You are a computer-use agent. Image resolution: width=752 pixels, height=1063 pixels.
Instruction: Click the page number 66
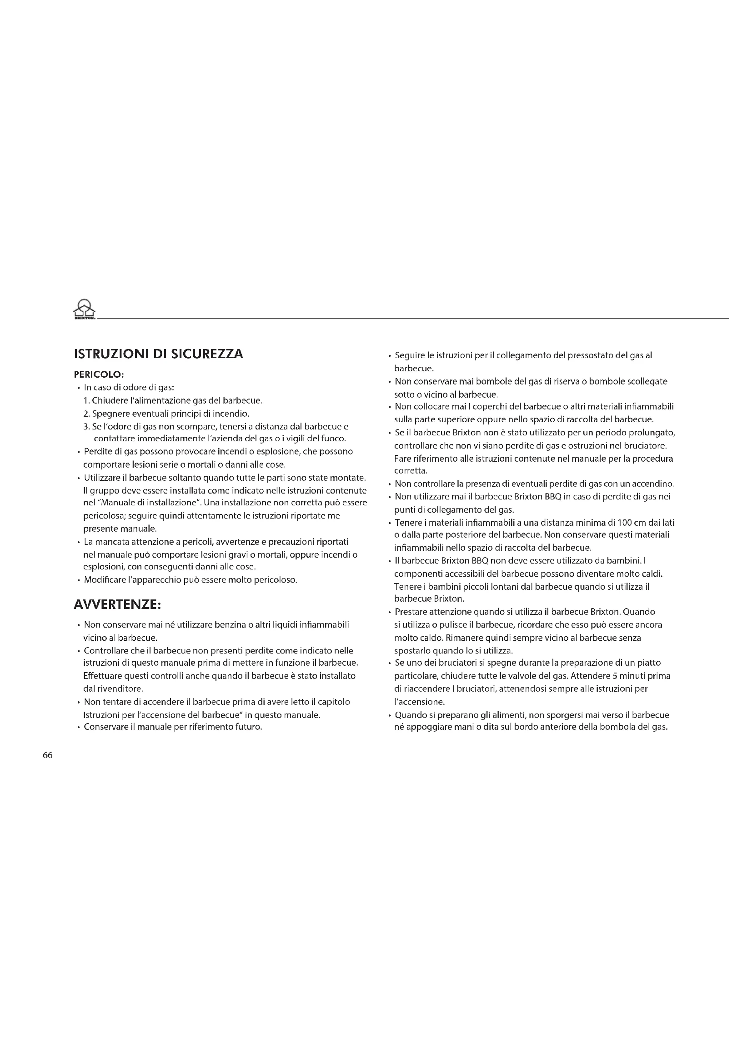(48, 755)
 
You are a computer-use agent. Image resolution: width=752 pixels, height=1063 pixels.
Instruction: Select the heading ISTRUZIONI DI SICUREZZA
(158, 354)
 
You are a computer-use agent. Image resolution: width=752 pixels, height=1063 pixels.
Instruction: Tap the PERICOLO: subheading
(99, 374)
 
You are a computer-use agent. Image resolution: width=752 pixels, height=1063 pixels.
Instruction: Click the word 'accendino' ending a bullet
(655, 484)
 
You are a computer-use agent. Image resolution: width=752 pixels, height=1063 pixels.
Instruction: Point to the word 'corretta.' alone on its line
(410, 471)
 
